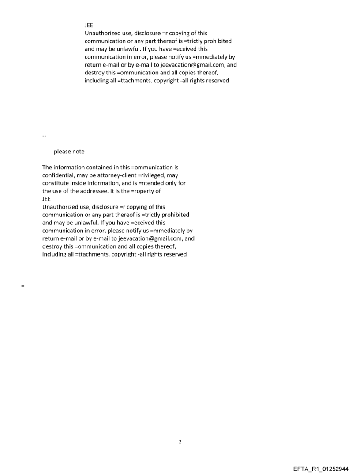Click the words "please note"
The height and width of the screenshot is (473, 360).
(69, 152)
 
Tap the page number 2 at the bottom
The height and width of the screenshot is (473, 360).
(180, 442)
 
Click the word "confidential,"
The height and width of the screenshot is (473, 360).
(59, 175)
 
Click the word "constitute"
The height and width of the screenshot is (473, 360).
(56, 183)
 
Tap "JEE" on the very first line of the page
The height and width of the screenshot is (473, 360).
(89, 26)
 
